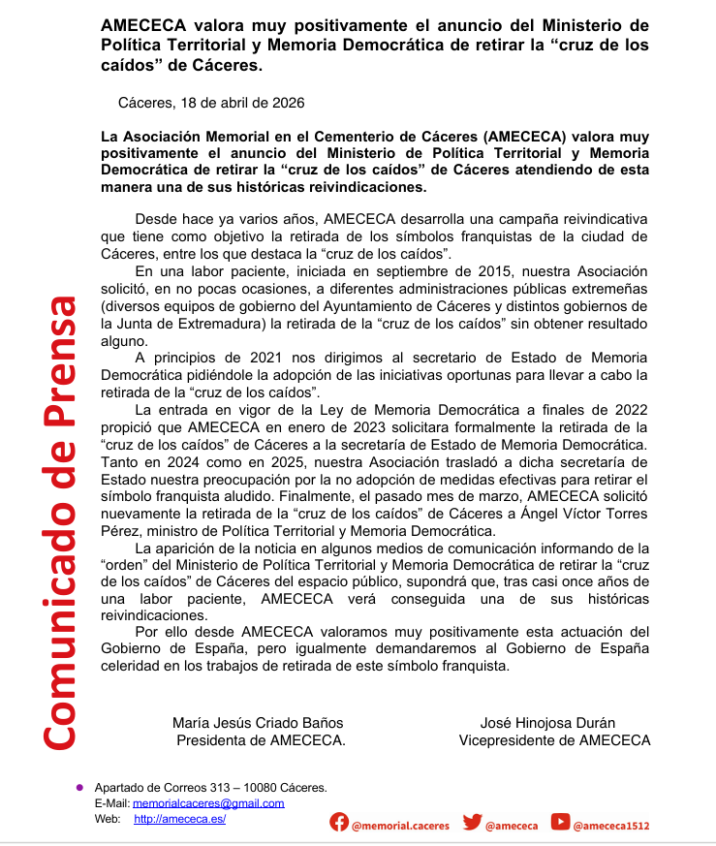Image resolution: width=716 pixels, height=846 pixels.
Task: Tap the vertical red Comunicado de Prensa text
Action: click(58, 522)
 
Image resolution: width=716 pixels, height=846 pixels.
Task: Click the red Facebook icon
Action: click(339, 823)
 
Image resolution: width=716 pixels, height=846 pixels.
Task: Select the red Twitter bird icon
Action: click(472, 823)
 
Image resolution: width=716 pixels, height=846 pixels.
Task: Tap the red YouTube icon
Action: click(560, 823)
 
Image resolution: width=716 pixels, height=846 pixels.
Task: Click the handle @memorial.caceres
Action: click(400, 826)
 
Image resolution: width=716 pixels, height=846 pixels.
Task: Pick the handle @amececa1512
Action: click(611, 826)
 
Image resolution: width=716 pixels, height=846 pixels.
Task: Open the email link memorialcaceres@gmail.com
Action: click(208, 803)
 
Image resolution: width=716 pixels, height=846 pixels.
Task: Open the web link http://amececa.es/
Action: click(179, 819)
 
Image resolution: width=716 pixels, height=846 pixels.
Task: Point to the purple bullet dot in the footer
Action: click(79, 787)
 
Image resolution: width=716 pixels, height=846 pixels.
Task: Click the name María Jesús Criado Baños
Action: click(258, 723)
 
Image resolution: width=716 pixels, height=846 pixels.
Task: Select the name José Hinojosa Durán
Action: click(547, 723)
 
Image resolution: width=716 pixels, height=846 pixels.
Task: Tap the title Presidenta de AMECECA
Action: click(260, 740)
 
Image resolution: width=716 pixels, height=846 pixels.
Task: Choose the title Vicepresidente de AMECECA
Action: click(554, 740)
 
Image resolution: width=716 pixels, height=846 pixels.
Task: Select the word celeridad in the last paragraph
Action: click(136, 667)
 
